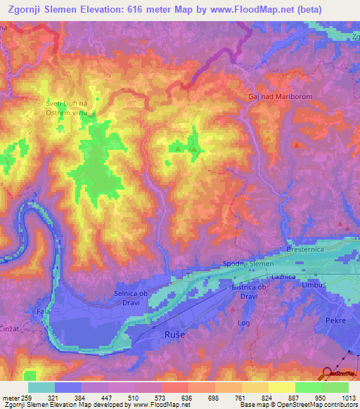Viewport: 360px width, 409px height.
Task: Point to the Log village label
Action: click(x=245, y=323)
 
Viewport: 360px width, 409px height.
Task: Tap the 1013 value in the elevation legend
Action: click(x=348, y=397)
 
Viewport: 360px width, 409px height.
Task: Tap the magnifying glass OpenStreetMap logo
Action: click(x=328, y=374)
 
